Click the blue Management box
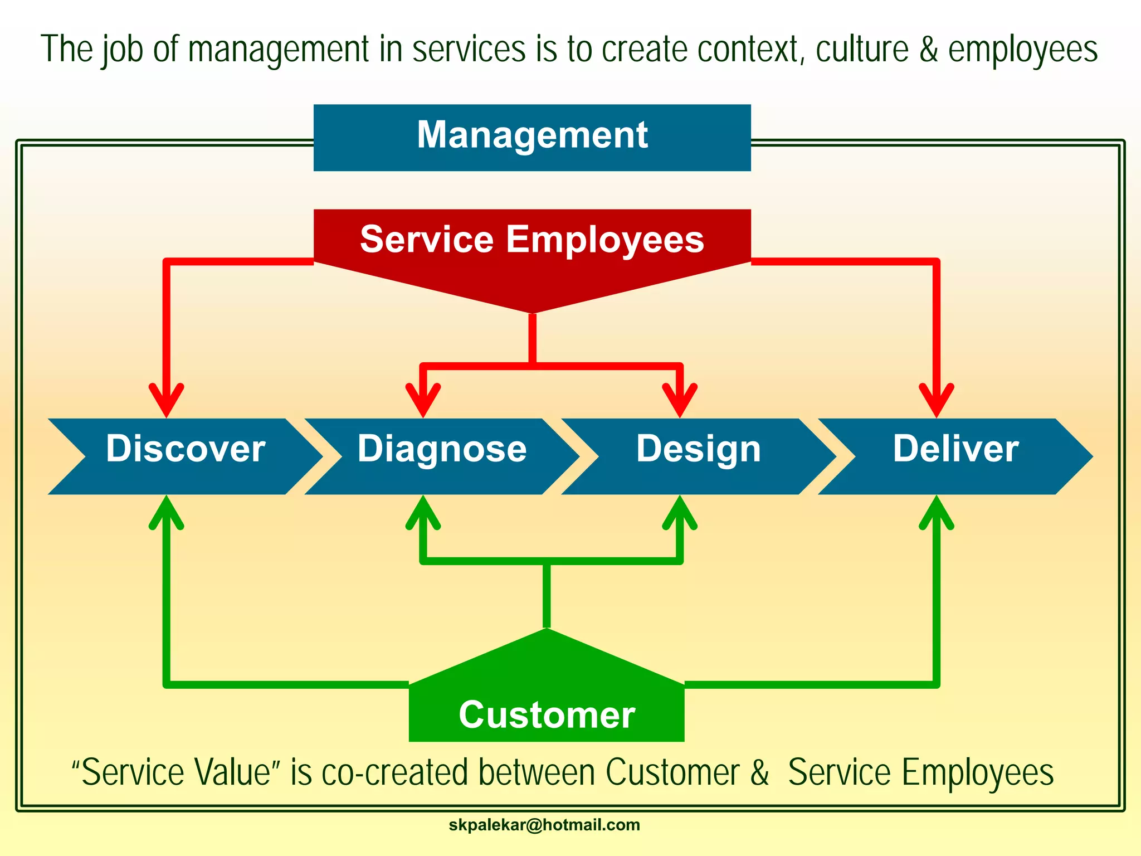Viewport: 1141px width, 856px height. pos(532,137)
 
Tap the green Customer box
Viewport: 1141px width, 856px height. pos(546,708)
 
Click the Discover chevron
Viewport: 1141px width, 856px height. pos(186,456)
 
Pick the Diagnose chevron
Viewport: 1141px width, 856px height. pos(442,456)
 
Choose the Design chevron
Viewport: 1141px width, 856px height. pos(699,456)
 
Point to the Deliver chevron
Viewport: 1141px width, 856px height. pos(955,456)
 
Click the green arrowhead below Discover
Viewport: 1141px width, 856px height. pos(166,512)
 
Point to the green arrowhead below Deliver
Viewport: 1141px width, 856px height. pos(937,512)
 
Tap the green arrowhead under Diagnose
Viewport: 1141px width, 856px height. pos(423,512)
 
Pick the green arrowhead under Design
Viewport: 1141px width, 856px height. pos(680,512)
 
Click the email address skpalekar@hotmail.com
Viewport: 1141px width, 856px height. pos(544,825)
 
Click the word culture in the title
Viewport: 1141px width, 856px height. pos(862,49)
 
